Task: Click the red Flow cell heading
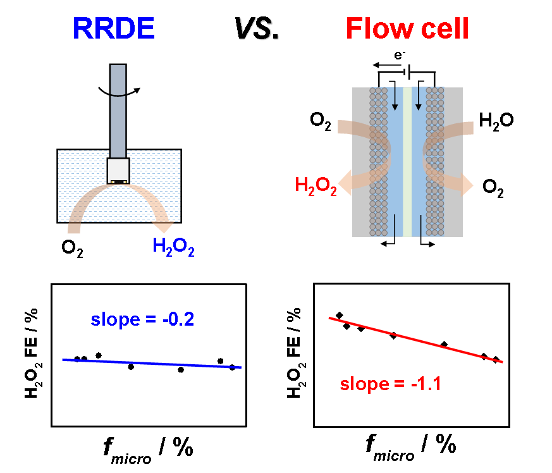408,28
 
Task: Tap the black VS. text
257,28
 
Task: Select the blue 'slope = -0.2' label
142,319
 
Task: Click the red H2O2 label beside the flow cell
316,187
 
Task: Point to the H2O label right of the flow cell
496,120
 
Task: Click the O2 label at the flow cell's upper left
321,121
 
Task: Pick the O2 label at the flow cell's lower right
493,187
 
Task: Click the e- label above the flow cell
399,56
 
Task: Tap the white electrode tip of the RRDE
118,170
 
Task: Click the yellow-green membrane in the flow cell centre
407,161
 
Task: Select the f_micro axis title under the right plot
410,445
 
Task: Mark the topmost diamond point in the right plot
340,315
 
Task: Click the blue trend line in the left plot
152,363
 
